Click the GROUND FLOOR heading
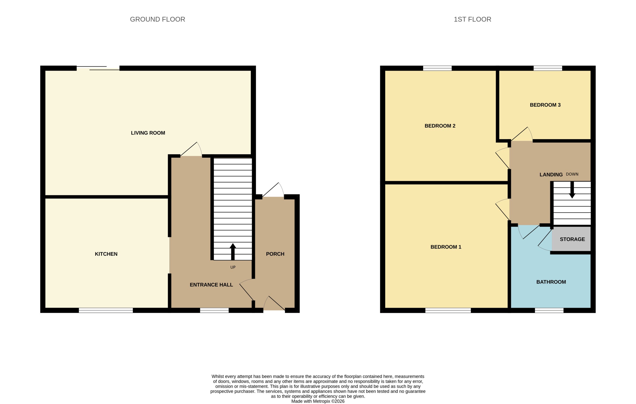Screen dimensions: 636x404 coord(157,19)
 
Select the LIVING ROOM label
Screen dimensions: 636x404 coord(148,133)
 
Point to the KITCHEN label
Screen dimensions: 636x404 coord(106,254)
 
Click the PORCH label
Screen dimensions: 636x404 coord(275,254)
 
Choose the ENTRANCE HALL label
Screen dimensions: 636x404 coord(211,285)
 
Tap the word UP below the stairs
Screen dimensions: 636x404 coord(233,267)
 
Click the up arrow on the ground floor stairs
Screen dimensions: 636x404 coord(233,252)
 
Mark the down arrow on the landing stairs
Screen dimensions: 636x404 coord(572,190)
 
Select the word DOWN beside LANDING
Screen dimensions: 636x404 coord(572,174)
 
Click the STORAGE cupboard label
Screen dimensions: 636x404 coord(572,239)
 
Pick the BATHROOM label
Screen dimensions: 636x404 coord(551,282)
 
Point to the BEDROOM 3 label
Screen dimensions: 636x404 coord(545,105)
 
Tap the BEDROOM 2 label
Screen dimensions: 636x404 coord(440,126)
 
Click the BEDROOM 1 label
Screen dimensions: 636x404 coord(446,247)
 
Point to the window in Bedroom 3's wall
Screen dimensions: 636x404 coord(548,68)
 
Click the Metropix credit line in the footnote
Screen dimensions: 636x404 coord(318,401)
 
